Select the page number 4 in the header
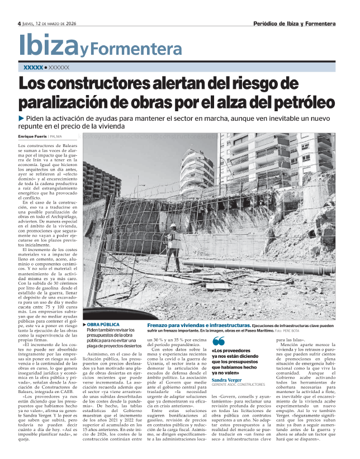pyautogui.click(x=19, y=23)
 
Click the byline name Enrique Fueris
pyautogui.click(x=32, y=136)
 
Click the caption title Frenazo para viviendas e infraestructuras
pyautogui.click(x=198, y=325)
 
